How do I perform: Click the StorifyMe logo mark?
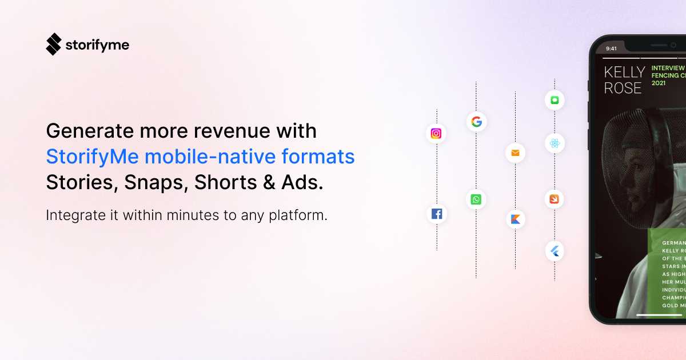coord(53,44)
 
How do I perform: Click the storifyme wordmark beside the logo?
coord(97,45)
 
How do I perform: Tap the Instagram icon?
coord(436,134)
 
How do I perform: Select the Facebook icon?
coord(437,214)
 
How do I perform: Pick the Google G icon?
coord(476,121)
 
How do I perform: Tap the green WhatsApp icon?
coord(476,199)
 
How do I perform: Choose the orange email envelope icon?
coord(515,153)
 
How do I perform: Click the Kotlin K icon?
coord(515,219)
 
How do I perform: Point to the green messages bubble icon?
coord(555,100)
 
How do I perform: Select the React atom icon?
coord(555,143)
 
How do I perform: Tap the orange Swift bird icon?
coord(555,199)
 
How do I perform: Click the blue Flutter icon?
coord(555,251)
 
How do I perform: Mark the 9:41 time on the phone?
coord(611,49)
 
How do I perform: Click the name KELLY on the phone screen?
coord(624,72)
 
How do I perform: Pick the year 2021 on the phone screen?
coord(659,83)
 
